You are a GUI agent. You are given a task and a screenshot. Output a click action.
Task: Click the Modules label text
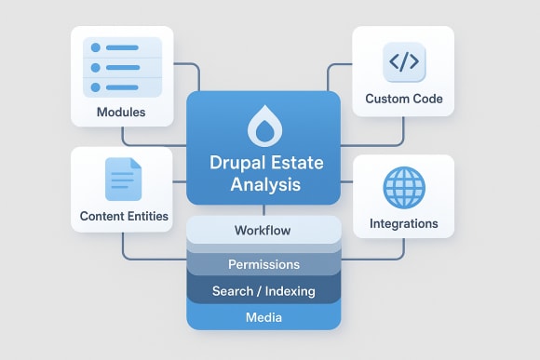[121, 113]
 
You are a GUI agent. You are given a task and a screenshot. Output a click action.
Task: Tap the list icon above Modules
[121, 66]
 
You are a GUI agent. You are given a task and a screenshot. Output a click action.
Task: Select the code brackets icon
[404, 62]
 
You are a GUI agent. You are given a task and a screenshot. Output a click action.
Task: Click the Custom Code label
[404, 99]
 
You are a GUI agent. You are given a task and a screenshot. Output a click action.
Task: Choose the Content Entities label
[124, 216]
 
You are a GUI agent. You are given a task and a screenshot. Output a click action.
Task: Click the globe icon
[404, 188]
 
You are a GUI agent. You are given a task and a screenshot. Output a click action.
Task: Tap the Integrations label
[404, 223]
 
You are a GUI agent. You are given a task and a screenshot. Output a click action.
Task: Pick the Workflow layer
[263, 230]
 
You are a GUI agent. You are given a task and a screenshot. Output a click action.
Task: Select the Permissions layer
[263, 264]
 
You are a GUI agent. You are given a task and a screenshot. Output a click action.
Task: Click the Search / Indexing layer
[263, 291]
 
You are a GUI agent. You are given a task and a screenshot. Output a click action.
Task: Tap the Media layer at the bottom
[263, 317]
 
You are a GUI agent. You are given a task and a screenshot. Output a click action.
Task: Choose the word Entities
[145, 216]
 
